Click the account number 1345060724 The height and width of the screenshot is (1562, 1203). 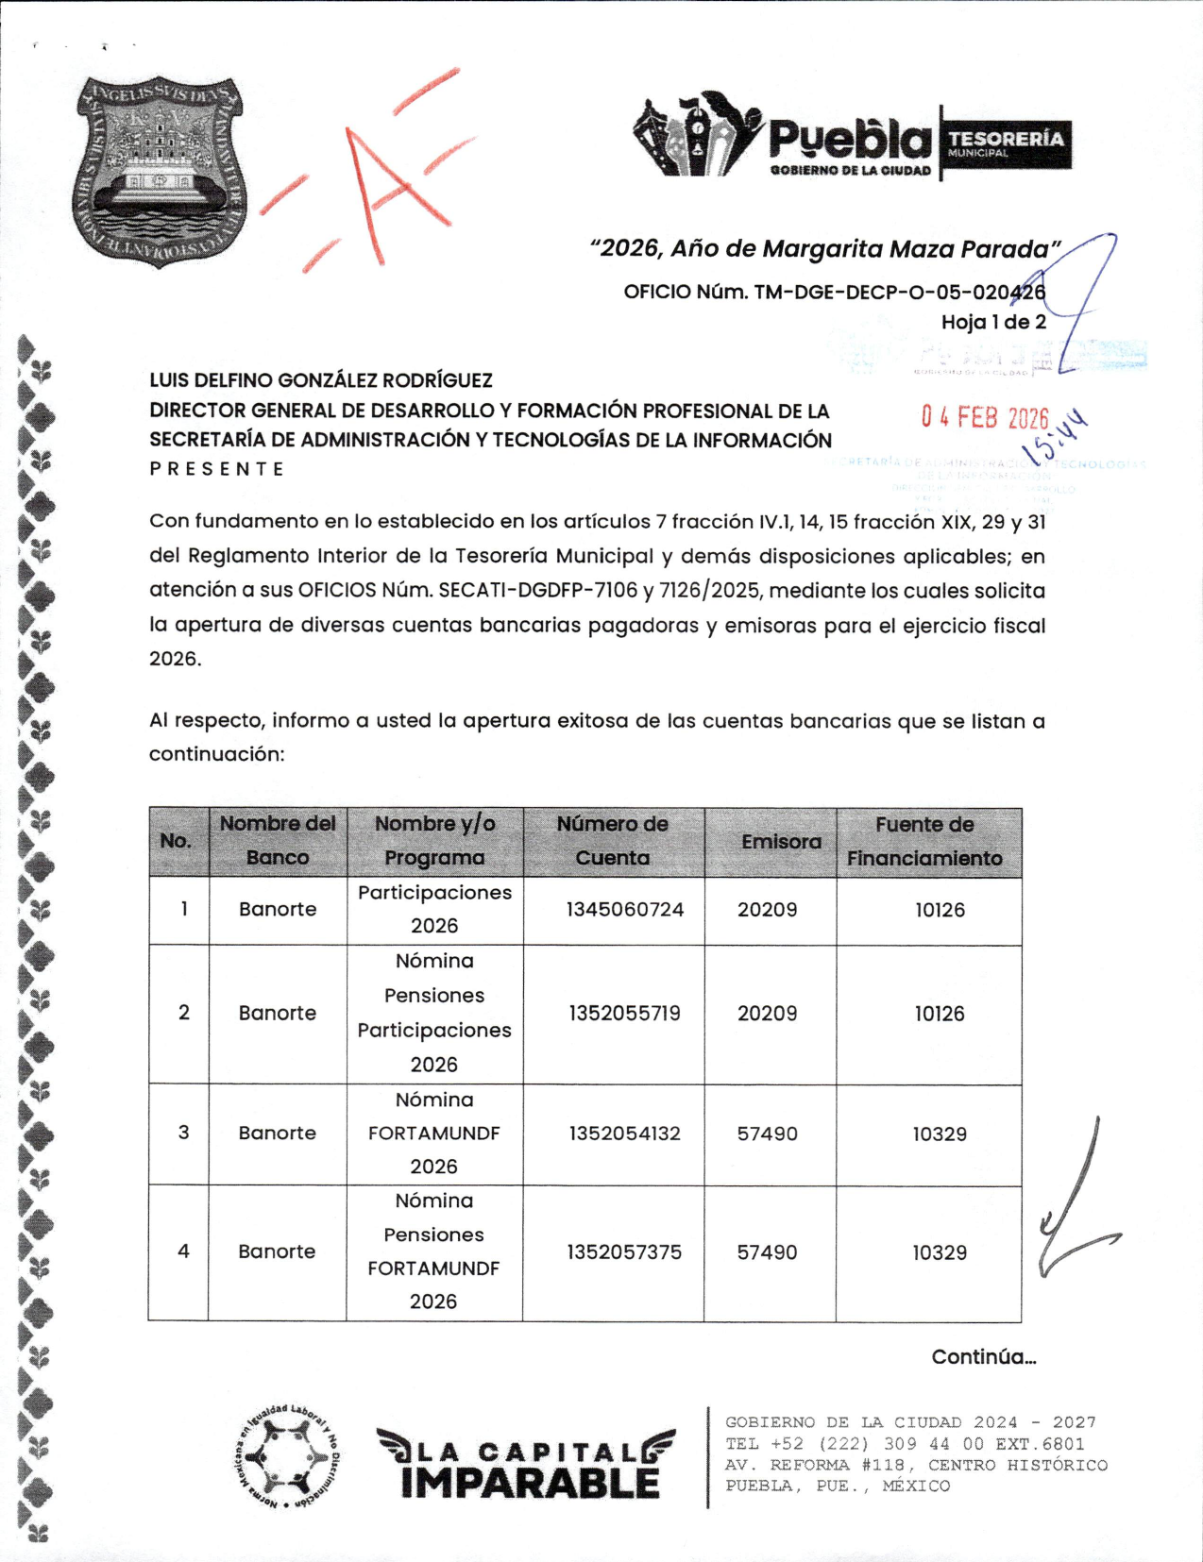pos(624,910)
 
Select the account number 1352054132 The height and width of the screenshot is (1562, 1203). pos(624,1134)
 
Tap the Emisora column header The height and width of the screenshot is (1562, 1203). pos(781,842)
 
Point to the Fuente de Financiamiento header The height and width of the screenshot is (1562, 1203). pos(924,842)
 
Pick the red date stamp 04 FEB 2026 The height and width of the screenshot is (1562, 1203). pos(985,418)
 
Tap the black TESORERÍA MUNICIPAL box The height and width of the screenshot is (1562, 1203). pos(1006,143)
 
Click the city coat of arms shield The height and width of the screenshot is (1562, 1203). pos(159,171)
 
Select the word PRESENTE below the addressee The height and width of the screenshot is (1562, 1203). pos(217,469)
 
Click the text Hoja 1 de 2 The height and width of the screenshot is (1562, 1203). pos(993,322)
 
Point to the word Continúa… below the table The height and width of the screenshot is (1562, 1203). pos(983,1357)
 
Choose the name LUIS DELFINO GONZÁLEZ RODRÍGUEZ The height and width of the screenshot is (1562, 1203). pos(321,380)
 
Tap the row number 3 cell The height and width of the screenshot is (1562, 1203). pos(183,1133)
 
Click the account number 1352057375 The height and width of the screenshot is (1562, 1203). pos(624,1252)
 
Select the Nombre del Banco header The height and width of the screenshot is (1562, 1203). pos(278,841)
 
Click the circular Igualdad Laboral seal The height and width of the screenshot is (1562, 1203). pos(285,1457)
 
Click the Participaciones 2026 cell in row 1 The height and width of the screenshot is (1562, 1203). pos(434,909)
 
